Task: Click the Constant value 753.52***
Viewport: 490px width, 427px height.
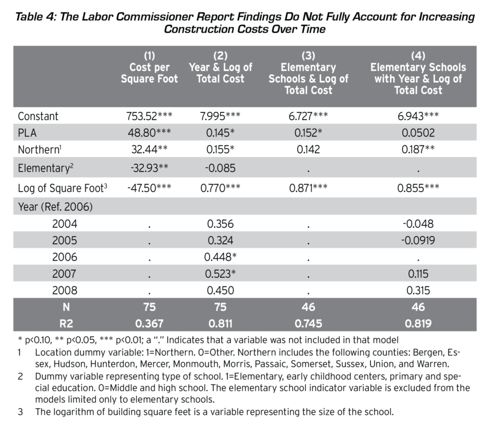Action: (149, 116)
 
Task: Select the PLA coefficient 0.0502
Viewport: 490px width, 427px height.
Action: (418, 133)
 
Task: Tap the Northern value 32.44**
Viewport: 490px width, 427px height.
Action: (149, 149)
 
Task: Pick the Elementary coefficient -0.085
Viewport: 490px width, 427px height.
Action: (220, 168)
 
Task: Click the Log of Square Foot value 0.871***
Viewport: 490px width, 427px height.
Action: (308, 188)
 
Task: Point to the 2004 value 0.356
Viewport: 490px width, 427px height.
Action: (220, 224)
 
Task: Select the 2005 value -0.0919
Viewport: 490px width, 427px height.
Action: (418, 240)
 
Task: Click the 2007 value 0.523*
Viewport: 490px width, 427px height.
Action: (220, 274)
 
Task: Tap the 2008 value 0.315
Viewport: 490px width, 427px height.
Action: (418, 290)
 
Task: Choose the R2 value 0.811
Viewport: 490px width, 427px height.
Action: (220, 323)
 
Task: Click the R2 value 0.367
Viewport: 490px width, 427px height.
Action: (149, 323)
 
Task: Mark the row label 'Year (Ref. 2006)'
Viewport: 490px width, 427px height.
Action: (56, 207)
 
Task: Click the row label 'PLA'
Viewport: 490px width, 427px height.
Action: (27, 133)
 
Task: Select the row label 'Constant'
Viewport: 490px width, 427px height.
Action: (38, 116)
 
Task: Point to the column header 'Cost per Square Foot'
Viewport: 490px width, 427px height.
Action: (149, 73)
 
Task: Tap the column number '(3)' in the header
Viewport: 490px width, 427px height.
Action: (308, 55)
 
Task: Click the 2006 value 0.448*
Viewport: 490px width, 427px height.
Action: (220, 257)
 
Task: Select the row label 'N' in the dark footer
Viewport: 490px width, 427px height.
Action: (66, 307)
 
